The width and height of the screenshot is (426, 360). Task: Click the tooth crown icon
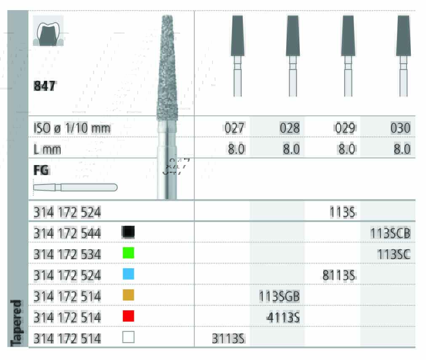pos(48,30)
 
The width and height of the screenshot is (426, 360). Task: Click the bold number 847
pos(44,86)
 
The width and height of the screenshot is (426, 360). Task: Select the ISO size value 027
pos(234,128)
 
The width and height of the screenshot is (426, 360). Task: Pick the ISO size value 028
pos(290,128)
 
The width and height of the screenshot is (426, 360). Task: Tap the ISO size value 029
pos(345,128)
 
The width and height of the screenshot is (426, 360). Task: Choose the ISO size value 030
pos(400,128)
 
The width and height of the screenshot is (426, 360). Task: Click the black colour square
pos(128,232)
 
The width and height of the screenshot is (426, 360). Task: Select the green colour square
pos(128,253)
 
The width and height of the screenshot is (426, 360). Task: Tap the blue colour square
pos(128,274)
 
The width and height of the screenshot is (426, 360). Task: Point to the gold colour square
pos(128,295)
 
